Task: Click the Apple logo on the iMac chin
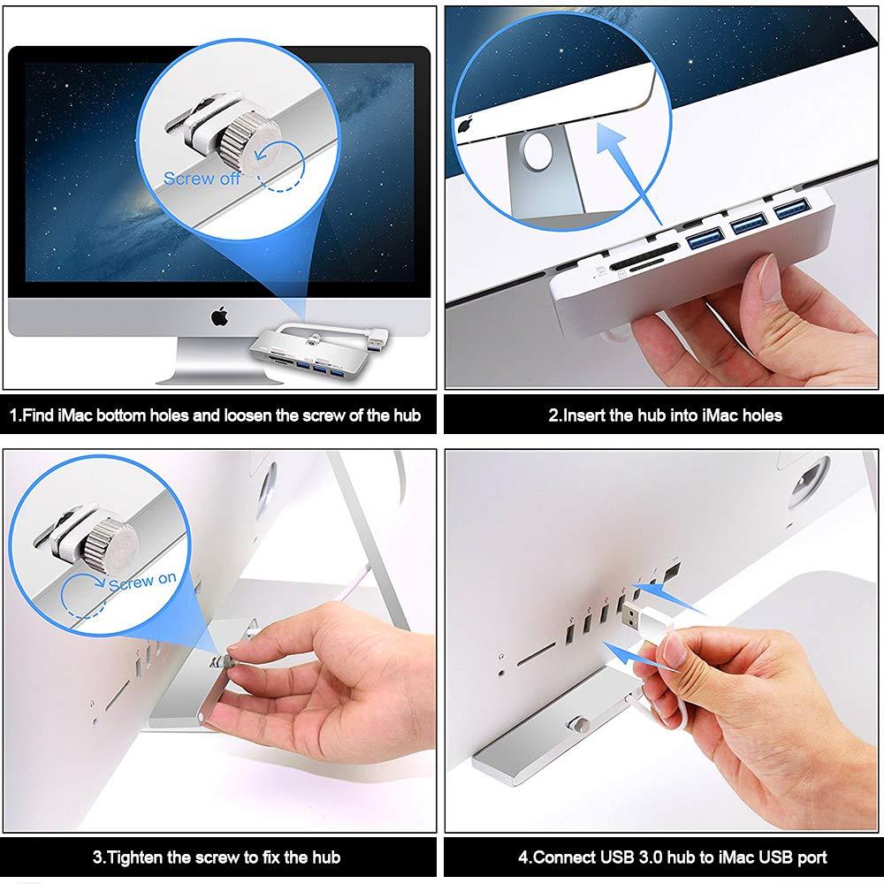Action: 217,315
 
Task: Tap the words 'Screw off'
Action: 202,179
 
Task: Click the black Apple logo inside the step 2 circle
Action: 465,126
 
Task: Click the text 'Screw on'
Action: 142,583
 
